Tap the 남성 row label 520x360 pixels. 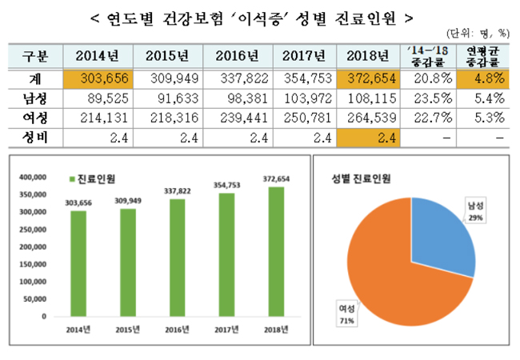pyautogui.click(x=33, y=99)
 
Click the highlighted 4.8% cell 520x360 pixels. pyautogui.click(x=487, y=80)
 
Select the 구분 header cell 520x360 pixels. pyautogui.click(x=33, y=57)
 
